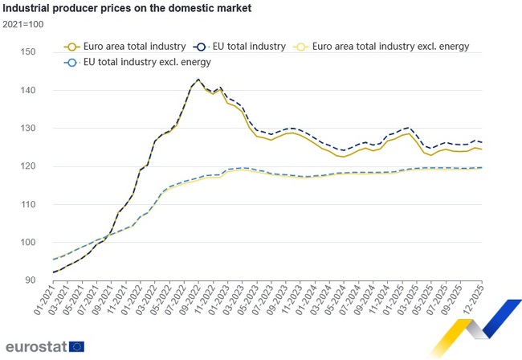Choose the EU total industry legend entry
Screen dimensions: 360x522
point(245,47)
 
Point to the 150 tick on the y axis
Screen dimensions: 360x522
point(29,52)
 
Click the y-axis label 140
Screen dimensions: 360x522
point(29,91)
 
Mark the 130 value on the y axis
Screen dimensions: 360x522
point(29,129)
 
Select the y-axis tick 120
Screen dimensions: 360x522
point(29,166)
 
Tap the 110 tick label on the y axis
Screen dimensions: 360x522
point(29,205)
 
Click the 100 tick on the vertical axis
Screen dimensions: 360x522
point(29,243)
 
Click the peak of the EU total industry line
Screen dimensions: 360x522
point(198,80)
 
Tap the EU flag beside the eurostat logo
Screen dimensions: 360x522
point(77,347)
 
